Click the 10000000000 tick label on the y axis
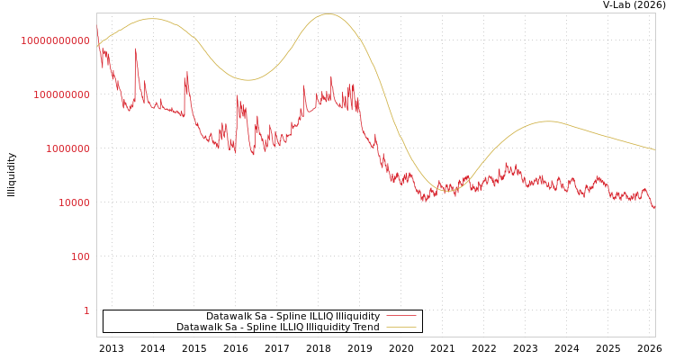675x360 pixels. pos(56,40)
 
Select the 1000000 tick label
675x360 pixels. pos(68,148)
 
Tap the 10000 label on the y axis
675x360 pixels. pos(75,202)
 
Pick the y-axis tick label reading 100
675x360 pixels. pos(81,256)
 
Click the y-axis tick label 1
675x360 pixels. pos(87,310)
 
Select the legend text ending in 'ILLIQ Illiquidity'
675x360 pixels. pos(292,316)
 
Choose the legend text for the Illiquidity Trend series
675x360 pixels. pos(277,327)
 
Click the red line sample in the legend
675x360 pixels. pos(400,316)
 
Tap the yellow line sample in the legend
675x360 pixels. pos(400,327)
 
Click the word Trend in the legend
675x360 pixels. pos(364,327)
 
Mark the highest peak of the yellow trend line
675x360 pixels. pos(328,13)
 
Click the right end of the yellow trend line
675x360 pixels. pos(654,149)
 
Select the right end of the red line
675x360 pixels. pos(654,209)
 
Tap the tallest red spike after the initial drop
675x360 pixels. pos(136,49)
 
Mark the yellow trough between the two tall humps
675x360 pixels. pos(249,80)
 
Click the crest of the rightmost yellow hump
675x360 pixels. pos(547,121)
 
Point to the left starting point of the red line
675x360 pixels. pos(97,27)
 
